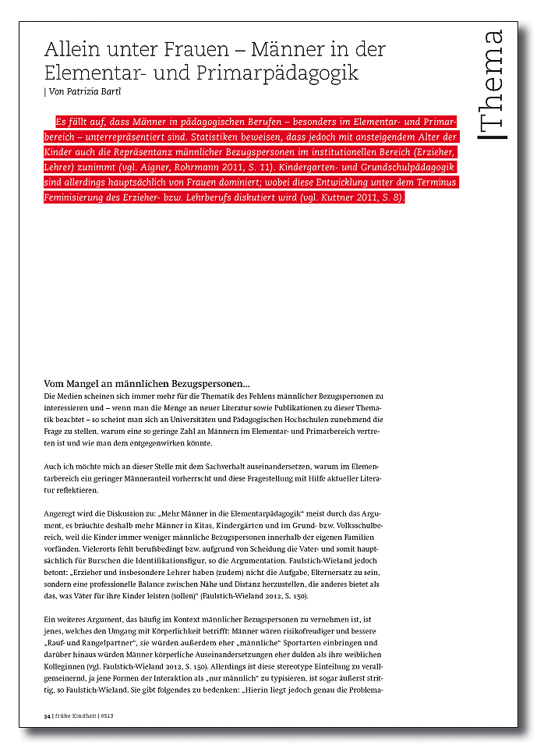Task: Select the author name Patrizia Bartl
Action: [x=104, y=92]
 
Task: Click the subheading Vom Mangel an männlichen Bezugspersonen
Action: [x=147, y=384]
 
